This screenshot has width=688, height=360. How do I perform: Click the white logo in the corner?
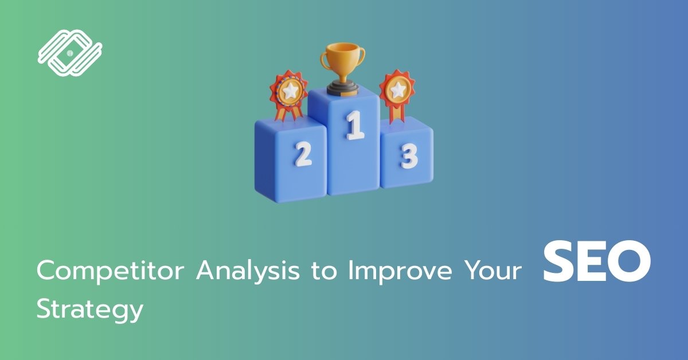[70, 53]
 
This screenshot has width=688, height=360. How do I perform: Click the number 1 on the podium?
[355, 126]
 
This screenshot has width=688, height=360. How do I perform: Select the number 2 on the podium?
[303, 154]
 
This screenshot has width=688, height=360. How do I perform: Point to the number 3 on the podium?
[409, 156]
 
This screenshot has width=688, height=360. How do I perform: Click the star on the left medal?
[290, 91]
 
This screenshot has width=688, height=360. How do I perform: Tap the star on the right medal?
[398, 89]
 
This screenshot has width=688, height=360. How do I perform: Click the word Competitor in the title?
[111, 271]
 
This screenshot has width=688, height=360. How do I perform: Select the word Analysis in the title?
[248, 271]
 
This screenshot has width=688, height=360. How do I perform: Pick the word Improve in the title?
[400, 271]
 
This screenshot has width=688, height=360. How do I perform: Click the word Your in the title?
[492, 271]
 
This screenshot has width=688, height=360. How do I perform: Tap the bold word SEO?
[597, 261]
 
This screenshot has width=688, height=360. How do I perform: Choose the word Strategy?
[90, 310]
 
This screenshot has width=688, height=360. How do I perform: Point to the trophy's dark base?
[343, 88]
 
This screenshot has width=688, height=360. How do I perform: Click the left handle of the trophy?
[325, 59]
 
